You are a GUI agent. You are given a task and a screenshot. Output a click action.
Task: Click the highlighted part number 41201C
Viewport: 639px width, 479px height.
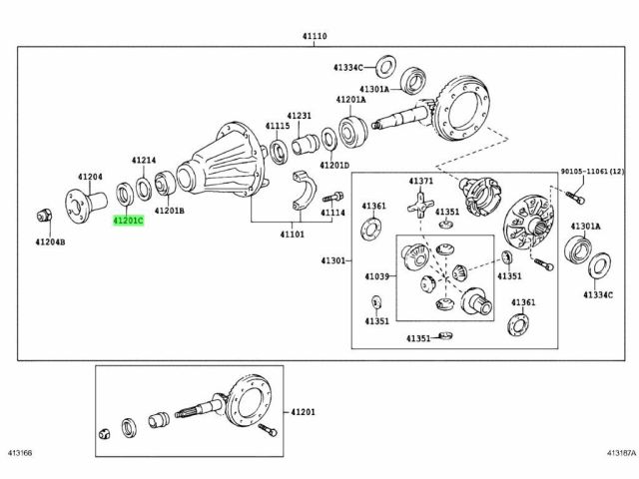129,218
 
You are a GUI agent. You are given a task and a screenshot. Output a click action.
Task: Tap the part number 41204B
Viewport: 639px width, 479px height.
50,241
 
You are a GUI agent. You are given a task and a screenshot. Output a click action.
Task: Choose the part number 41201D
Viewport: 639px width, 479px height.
334,166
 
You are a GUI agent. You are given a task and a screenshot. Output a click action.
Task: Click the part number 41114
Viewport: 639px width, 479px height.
332,213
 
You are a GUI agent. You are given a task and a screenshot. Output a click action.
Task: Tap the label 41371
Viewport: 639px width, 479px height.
420,181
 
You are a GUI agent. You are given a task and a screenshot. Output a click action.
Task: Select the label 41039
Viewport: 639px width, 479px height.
376,275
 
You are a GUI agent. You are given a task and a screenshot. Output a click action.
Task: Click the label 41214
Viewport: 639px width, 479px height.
144,160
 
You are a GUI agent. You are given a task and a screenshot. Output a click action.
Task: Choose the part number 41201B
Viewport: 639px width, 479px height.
169,212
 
